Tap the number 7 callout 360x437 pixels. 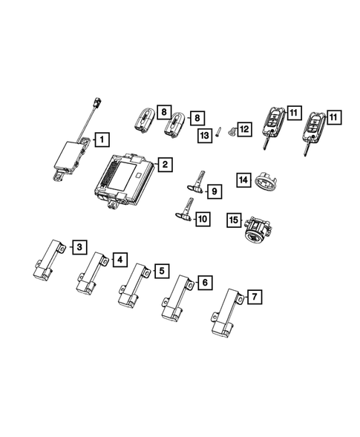pos(255,298)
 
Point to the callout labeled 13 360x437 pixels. pos(204,134)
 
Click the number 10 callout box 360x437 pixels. pos(202,220)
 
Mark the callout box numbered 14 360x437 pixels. pos(243,179)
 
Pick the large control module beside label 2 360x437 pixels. pos(122,180)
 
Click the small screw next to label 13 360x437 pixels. pos(220,134)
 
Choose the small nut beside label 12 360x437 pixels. pos(232,131)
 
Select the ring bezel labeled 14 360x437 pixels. pos(266,181)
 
